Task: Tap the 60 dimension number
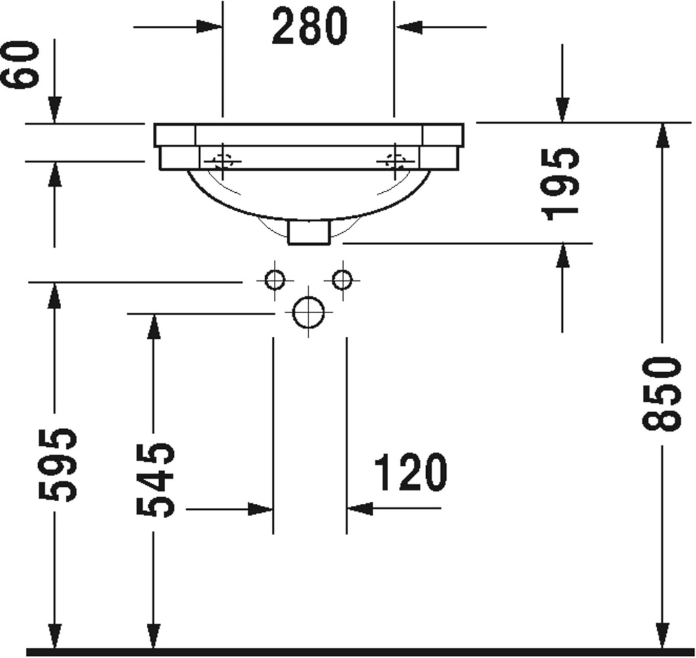click(20, 65)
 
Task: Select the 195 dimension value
click(561, 184)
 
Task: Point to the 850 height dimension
click(661, 394)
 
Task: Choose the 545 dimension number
click(156, 480)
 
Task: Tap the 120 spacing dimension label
click(411, 472)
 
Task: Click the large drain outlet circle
click(309, 312)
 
